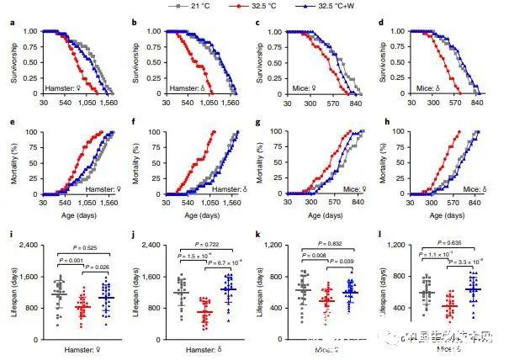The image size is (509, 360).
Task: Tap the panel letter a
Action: click(11, 21)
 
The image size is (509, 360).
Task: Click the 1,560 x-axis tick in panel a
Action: click(109, 99)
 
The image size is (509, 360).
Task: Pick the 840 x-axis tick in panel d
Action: click(478, 99)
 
